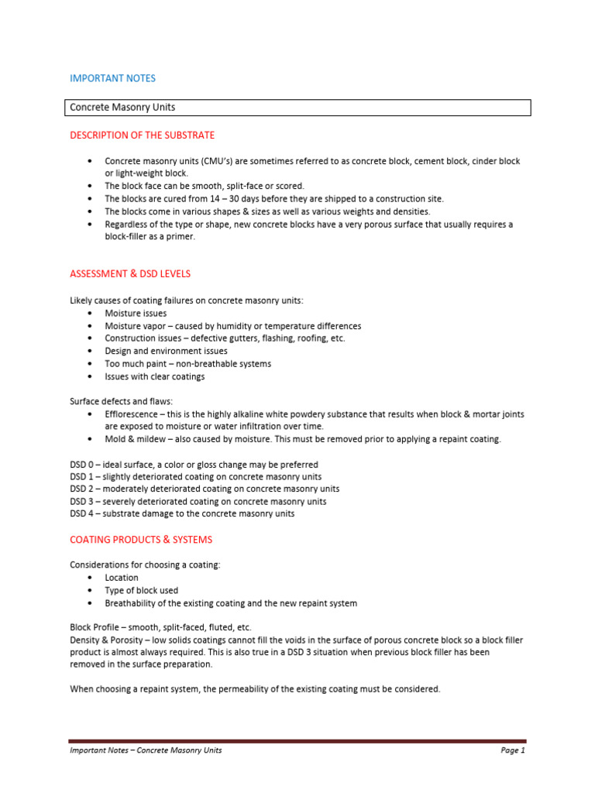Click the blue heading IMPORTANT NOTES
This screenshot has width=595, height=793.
pos(112,78)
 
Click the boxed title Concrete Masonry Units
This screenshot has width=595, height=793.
pos(122,108)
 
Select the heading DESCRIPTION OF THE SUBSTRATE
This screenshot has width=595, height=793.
pos(142,135)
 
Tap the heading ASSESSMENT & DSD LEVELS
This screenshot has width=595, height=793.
pos(130,273)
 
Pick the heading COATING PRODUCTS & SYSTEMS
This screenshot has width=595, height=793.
pos(141,539)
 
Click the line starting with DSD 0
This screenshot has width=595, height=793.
pos(183,464)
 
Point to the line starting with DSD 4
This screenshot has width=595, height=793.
pos(182,513)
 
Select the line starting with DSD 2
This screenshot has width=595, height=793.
pos(205,489)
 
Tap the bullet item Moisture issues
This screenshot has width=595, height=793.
pos(136,314)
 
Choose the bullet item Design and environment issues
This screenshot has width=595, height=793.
pos(166,351)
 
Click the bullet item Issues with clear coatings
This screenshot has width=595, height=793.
pos(155,376)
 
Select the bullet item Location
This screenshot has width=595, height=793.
pos(122,578)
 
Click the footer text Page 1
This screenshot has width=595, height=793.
pos(512,750)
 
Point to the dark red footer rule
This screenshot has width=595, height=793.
pos(297,741)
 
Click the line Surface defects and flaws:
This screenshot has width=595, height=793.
pos(122,401)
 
